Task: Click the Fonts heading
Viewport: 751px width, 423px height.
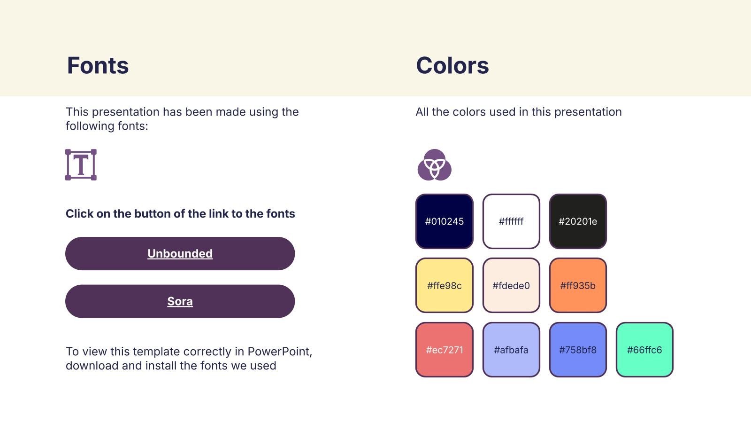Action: pyautogui.click(x=98, y=65)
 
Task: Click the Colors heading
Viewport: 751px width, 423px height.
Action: pyautogui.click(x=452, y=65)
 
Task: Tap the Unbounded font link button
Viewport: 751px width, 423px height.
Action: pyautogui.click(x=180, y=253)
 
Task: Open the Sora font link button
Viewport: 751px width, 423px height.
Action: pyautogui.click(x=180, y=301)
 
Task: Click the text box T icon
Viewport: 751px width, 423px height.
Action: pyautogui.click(x=81, y=165)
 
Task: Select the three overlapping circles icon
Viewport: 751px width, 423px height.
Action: pyautogui.click(x=435, y=165)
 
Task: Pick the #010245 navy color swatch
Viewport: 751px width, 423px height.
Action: pyautogui.click(x=444, y=221)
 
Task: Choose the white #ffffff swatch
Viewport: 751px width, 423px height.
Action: pyautogui.click(x=511, y=221)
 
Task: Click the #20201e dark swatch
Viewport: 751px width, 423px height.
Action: pyautogui.click(x=578, y=221)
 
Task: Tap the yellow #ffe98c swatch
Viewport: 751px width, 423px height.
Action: pyautogui.click(x=444, y=285)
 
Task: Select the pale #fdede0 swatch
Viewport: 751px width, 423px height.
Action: pyautogui.click(x=511, y=285)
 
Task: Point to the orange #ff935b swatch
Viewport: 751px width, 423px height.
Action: pyautogui.click(x=578, y=285)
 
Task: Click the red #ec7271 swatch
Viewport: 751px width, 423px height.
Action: pyautogui.click(x=444, y=350)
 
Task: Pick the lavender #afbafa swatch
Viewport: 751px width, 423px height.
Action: pyautogui.click(x=511, y=350)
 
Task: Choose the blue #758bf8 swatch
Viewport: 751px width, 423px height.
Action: pyautogui.click(x=578, y=350)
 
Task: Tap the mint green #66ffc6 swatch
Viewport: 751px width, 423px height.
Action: pyautogui.click(x=645, y=350)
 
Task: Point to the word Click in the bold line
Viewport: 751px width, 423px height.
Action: pyautogui.click(x=79, y=213)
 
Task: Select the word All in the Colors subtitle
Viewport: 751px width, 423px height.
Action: pyautogui.click(x=422, y=112)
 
